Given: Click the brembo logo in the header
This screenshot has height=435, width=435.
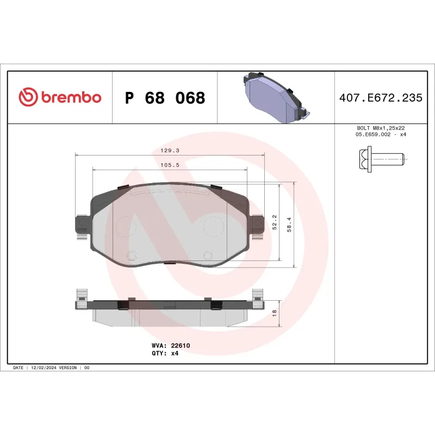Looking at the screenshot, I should point(60,98).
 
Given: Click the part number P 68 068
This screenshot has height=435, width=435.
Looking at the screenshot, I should point(165,98).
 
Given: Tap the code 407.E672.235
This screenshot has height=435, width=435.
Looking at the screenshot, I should point(380,98).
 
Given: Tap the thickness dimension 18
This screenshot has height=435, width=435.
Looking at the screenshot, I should point(275,313).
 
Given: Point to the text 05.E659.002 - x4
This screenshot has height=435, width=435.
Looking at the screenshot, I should point(380,134).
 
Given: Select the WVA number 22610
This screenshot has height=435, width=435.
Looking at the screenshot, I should point(180,345).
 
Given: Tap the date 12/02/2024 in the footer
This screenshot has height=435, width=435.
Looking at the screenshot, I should point(43,368).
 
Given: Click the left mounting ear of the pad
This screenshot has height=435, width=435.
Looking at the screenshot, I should point(81,224).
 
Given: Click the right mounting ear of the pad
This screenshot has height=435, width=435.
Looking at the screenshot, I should point(257,224).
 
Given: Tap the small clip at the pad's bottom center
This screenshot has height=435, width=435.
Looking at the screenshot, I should point(169,263).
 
